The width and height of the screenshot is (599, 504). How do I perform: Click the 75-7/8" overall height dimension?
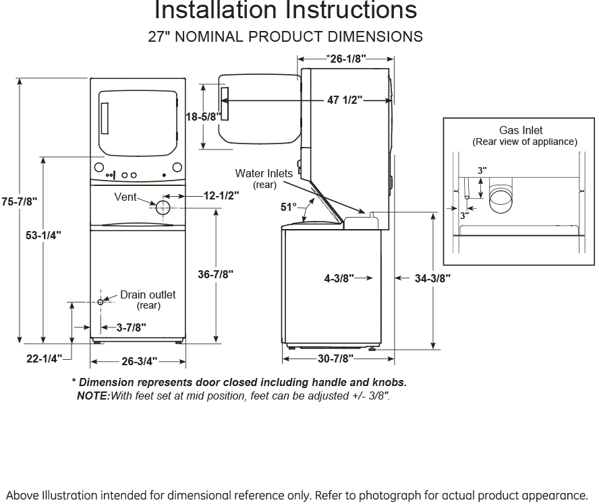click(x=19, y=201)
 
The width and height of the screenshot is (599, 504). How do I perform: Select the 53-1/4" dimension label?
click(x=44, y=235)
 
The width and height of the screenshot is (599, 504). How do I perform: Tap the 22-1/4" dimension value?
click(x=44, y=358)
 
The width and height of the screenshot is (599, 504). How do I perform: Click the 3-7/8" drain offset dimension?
click(x=130, y=328)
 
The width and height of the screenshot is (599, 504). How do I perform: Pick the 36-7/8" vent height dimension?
click(x=216, y=274)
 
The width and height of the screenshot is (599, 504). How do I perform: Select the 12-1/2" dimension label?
click(x=221, y=196)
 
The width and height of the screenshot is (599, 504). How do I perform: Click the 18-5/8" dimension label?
click(x=203, y=117)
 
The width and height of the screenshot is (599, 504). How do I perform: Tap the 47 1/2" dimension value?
click(x=345, y=100)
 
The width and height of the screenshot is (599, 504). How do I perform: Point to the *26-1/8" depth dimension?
click(x=346, y=59)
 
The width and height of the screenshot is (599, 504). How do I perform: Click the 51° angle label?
click(x=289, y=208)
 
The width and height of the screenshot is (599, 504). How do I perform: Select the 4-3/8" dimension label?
click(x=339, y=278)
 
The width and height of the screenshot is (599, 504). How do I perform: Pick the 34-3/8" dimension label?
click(x=432, y=278)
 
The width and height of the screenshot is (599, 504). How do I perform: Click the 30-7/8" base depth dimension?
click(x=335, y=358)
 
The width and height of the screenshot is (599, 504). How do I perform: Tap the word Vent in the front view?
click(x=125, y=197)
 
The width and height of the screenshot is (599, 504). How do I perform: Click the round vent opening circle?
click(x=163, y=208)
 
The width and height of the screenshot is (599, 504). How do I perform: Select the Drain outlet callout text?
click(x=148, y=295)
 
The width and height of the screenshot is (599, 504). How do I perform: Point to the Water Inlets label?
click(x=264, y=173)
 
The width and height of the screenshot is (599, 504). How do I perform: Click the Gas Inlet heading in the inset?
click(x=521, y=130)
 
